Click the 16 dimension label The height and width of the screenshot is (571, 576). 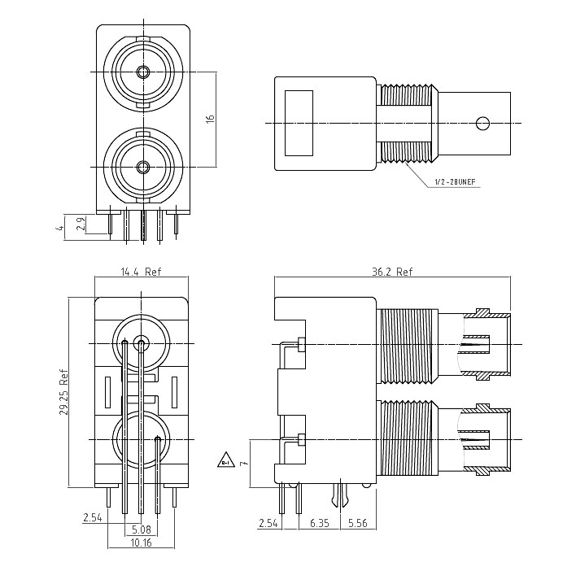pos(210,119)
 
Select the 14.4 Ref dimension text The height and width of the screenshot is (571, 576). pos(141,273)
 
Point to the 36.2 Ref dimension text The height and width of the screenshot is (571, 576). pos(391,273)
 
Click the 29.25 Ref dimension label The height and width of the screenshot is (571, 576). pos(63,393)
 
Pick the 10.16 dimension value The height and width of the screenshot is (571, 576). pos(140,542)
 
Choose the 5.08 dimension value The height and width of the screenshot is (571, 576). pos(142,529)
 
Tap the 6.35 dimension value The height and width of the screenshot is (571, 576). pos(319,522)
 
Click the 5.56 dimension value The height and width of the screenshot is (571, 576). pos(357,522)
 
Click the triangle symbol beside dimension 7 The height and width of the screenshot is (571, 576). pos(225,461)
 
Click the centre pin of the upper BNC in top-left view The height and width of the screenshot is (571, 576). pos(143,72)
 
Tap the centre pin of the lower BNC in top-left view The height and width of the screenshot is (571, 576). pos(143,168)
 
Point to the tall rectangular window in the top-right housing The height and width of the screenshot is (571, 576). pos(299,123)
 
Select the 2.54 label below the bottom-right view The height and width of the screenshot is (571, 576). pos(268,522)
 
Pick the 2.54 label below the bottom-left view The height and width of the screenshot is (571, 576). pos(92,517)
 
